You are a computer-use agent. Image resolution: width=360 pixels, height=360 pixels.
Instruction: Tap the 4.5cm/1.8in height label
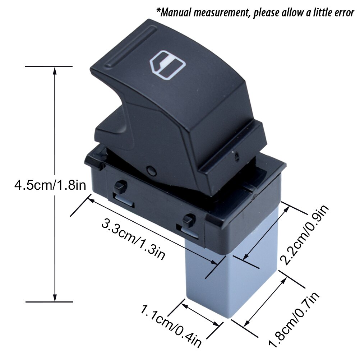point(50,185)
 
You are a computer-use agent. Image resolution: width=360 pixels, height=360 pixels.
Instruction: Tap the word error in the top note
point(341,13)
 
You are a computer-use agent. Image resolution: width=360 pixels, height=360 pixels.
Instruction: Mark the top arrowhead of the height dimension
point(55,70)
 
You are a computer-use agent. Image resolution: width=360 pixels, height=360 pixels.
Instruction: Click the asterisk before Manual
point(158,11)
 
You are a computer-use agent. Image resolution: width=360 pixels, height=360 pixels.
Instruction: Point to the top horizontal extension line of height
point(49,66)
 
